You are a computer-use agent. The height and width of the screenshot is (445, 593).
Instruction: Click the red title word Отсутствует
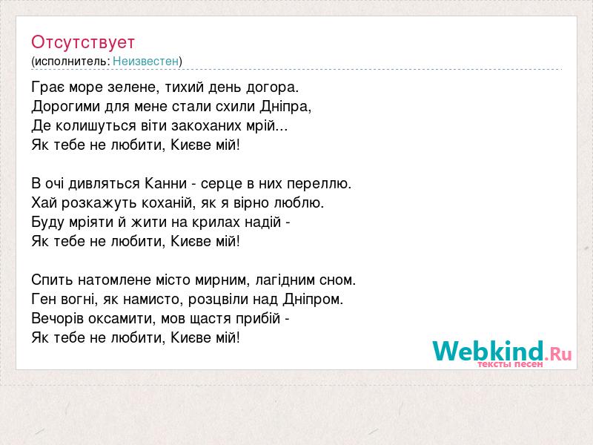pyautogui.click(x=83, y=42)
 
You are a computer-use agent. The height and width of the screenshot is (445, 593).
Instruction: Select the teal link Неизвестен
pyautogui.click(x=145, y=61)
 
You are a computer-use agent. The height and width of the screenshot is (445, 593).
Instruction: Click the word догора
pyautogui.click(x=272, y=88)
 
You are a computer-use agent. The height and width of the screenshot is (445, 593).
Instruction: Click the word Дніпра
pyautogui.click(x=285, y=107)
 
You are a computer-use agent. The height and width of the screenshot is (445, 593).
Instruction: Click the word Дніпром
pyautogui.click(x=313, y=300)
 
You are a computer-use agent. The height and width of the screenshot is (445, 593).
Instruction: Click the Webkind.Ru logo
pyautogui.click(x=502, y=351)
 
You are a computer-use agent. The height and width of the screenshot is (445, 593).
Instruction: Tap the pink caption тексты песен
pyautogui.click(x=510, y=364)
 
